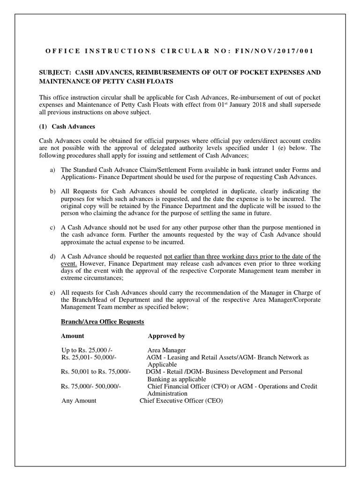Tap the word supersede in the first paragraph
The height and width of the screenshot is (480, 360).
click(x=307, y=105)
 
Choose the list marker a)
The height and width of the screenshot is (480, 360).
click(x=52, y=169)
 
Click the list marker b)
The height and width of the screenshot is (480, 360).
click(x=52, y=191)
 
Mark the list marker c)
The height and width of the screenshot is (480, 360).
click(x=52, y=227)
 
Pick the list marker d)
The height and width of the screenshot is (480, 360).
click(x=52, y=256)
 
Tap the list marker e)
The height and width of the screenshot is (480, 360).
click(x=52, y=293)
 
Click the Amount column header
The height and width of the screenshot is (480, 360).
click(x=73, y=336)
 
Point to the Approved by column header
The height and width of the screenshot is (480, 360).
click(x=166, y=336)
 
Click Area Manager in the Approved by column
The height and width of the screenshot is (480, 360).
click(x=166, y=350)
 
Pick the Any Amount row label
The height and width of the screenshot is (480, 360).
click(x=79, y=401)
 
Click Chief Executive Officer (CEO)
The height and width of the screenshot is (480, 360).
click(x=181, y=401)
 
